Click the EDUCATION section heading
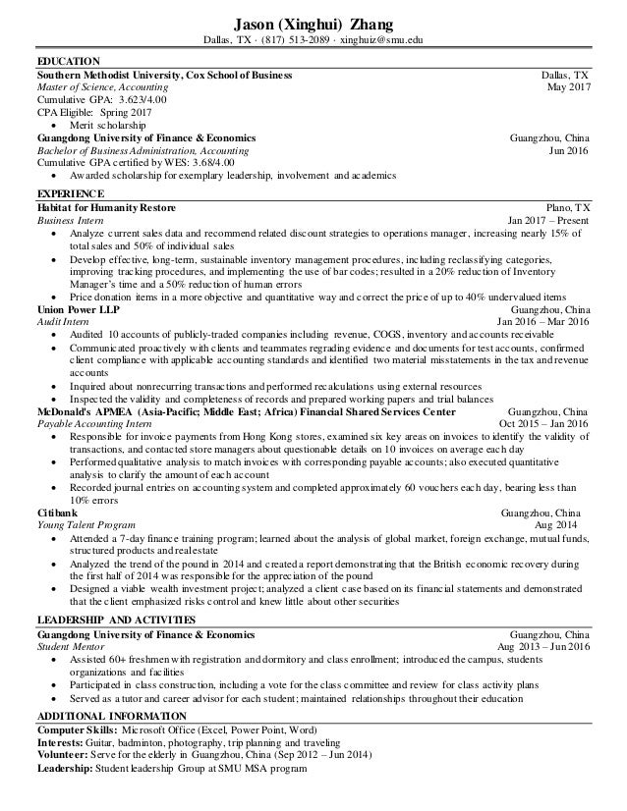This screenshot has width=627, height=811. coord(66,61)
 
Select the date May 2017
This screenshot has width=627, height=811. coord(568,87)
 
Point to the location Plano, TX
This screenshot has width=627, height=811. coord(568,208)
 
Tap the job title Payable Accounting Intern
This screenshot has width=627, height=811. coord(95,425)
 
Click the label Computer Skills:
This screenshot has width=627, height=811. coord(76,730)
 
